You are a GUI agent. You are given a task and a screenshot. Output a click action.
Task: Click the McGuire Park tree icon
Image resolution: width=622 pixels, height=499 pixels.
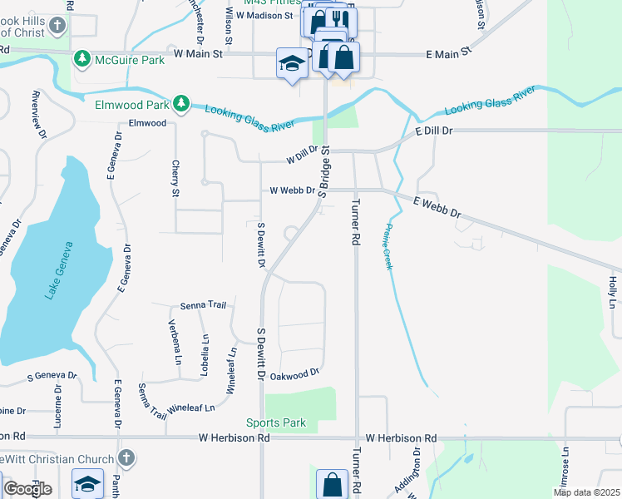tap(81, 57)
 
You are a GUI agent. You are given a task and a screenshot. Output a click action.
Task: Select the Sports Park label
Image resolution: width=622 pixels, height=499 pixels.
tap(276, 422)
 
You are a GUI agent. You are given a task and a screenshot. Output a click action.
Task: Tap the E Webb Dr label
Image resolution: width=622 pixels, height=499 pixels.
tap(437, 207)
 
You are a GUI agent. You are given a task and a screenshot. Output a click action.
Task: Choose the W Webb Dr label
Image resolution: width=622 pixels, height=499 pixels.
tap(293, 190)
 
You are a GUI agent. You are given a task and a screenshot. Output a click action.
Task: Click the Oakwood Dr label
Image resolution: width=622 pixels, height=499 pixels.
tap(295, 375)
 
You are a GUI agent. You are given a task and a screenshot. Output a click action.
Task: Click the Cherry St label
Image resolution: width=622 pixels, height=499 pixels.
tap(175, 179)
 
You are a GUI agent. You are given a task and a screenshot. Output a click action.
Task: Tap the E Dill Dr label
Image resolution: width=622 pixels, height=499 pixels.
tap(433, 131)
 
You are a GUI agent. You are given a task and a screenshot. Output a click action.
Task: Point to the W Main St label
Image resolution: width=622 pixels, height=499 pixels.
tap(199, 53)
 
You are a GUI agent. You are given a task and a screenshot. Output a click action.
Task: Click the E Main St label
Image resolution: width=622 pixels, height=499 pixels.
tap(448, 53)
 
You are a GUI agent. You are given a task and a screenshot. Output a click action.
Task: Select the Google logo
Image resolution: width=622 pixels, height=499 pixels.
tap(27, 489)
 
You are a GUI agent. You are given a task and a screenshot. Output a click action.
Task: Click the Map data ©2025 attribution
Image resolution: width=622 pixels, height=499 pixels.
tap(585, 492)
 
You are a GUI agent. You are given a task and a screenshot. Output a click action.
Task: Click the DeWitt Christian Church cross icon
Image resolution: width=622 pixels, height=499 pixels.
tap(126, 457)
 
